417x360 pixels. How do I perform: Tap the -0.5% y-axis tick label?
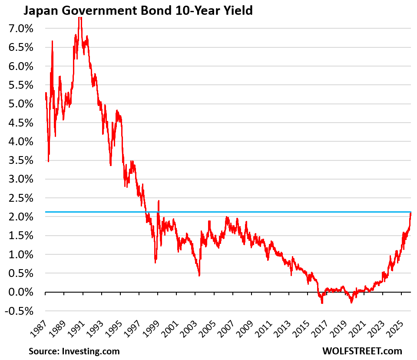coord(19,311)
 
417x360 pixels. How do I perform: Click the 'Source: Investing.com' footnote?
coord(74,351)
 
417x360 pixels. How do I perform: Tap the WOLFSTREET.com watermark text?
coord(362,351)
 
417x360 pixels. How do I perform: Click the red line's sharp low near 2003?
coord(199,275)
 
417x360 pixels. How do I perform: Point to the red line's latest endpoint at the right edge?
coord(410,213)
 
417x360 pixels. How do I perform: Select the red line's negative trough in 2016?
coord(322,303)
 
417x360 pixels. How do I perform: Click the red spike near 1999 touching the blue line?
coord(159,201)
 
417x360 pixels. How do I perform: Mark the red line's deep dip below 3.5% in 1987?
coord(49,161)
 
